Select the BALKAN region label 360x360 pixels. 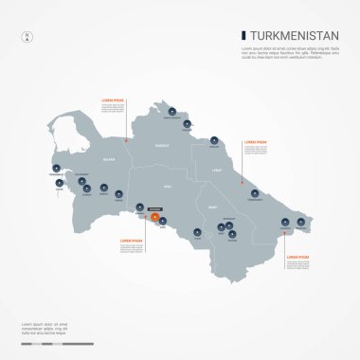click(109, 160)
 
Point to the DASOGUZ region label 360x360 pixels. click(162, 145)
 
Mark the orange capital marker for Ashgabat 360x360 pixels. click(154, 217)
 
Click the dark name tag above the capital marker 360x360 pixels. click(154, 207)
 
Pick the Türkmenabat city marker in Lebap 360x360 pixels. click(254, 193)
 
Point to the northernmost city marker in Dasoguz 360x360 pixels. click(171, 112)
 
